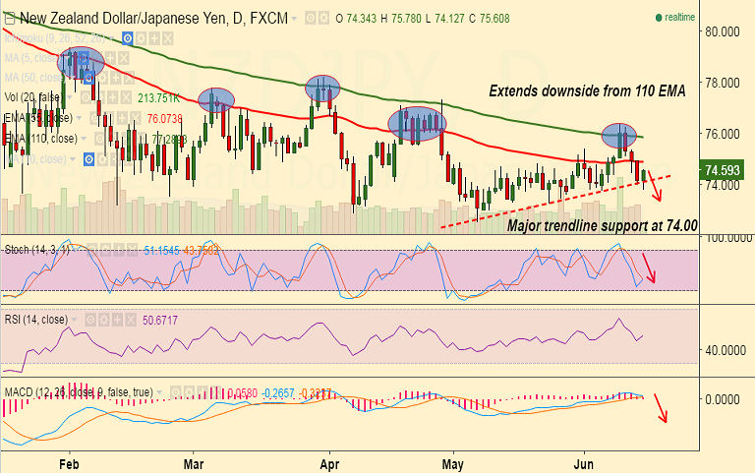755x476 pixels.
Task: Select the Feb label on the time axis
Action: (x=69, y=461)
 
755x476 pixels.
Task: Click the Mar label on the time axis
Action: (x=194, y=461)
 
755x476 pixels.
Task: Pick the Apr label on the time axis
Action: (x=329, y=461)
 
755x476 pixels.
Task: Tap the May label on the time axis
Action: (x=452, y=461)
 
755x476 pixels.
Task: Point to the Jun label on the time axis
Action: (x=584, y=461)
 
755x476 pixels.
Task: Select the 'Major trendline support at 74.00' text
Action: (x=602, y=225)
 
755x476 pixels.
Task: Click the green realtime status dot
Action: (x=658, y=18)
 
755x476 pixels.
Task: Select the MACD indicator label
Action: (x=20, y=391)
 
